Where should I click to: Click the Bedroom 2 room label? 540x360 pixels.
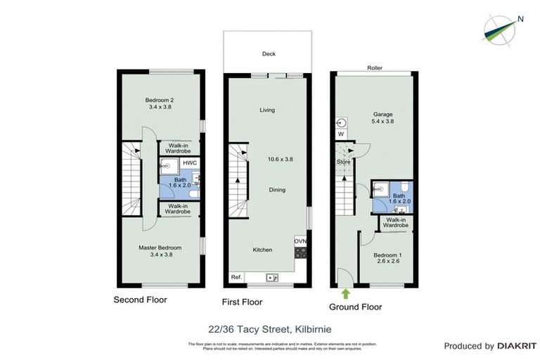pyautogui.click(x=160, y=100)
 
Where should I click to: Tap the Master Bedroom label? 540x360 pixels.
pyautogui.click(x=160, y=247)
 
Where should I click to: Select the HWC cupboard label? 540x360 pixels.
pyautogui.click(x=189, y=163)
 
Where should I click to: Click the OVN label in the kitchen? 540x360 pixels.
pyautogui.click(x=300, y=240)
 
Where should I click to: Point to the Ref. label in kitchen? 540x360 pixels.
pyautogui.click(x=236, y=278)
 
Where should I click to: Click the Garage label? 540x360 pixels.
pyautogui.click(x=382, y=114)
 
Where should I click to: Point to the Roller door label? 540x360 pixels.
pyautogui.click(x=374, y=68)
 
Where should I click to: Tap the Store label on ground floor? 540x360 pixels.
pyautogui.click(x=343, y=162)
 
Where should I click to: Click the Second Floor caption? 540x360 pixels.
pyautogui.click(x=141, y=300)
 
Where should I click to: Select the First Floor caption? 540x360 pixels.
pyautogui.click(x=241, y=302)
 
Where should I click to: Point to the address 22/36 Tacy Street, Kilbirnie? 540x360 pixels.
pyautogui.click(x=270, y=328)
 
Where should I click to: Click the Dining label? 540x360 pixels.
pyautogui.click(x=267, y=190)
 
